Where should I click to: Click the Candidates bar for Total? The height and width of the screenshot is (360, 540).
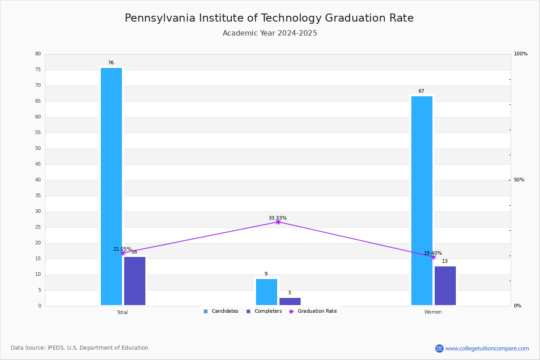click(111, 186)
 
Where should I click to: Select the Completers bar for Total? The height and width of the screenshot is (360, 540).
click(135, 281)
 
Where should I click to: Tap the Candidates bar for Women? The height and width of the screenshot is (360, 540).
click(422, 200)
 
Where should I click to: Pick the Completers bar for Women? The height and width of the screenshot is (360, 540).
click(445, 286)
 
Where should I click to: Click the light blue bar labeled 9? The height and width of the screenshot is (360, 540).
click(266, 292)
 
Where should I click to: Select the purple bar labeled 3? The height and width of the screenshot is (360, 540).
click(290, 301)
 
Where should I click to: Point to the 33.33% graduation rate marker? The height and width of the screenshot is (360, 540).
click(278, 222)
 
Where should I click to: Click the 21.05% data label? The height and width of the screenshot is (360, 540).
click(122, 249)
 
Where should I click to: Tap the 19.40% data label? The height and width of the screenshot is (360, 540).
click(433, 253)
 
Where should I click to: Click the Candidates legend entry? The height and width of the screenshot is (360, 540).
click(221, 311)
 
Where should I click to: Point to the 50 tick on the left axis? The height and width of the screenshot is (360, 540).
click(38, 148)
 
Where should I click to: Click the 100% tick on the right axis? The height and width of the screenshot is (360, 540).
click(520, 54)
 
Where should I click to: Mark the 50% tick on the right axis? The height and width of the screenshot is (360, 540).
click(519, 180)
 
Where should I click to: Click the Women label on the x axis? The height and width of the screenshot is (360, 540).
click(433, 312)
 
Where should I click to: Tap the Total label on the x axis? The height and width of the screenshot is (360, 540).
click(122, 312)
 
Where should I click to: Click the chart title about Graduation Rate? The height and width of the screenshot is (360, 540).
click(269, 18)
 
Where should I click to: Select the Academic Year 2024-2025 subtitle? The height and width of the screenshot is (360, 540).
click(270, 33)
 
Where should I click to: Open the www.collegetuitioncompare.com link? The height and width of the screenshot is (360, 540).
click(487, 348)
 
